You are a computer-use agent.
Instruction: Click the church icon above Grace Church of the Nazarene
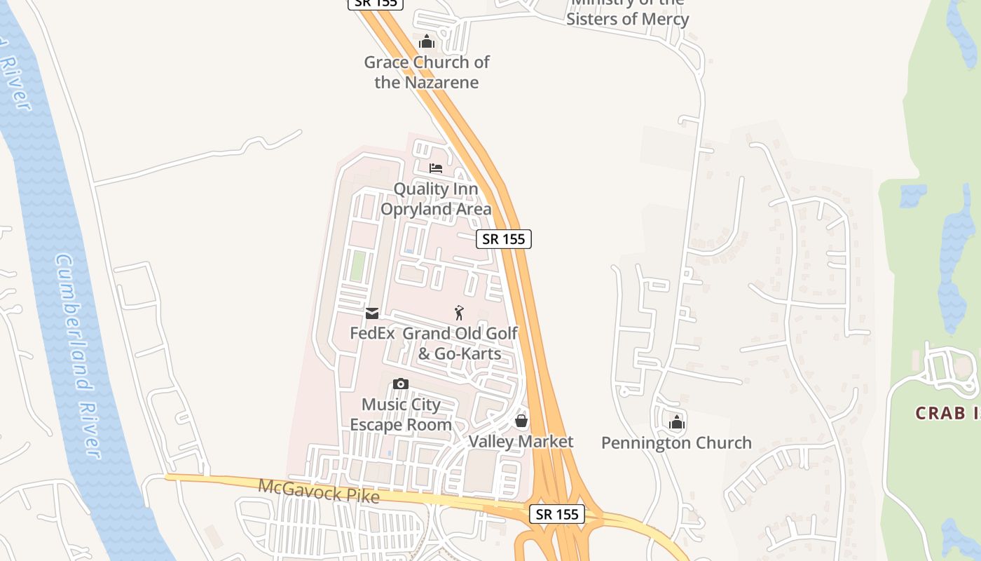tap(427, 42)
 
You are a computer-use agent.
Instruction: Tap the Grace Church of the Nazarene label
tap(426, 72)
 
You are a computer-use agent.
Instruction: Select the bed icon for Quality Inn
tap(436, 168)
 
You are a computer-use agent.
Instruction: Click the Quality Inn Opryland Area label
tap(436, 199)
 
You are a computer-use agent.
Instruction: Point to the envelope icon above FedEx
tap(372, 313)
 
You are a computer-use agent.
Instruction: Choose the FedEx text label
tap(372, 333)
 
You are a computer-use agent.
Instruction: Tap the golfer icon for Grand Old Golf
tap(460, 313)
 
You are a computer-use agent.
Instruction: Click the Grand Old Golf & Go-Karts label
tap(460, 343)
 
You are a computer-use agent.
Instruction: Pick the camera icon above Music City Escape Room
tap(401, 384)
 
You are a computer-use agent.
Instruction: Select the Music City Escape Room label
tap(401, 414)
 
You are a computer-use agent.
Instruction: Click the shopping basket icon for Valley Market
tap(521, 421)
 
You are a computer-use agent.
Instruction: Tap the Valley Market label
tap(521, 442)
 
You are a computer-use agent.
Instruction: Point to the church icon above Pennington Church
tap(677, 422)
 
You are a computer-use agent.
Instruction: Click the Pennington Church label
tap(676, 443)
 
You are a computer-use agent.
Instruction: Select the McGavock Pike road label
tap(319, 491)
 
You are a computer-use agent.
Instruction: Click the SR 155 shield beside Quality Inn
tap(504, 238)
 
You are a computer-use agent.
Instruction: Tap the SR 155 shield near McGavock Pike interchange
tap(557, 514)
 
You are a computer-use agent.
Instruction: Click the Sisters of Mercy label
tap(627, 19)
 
